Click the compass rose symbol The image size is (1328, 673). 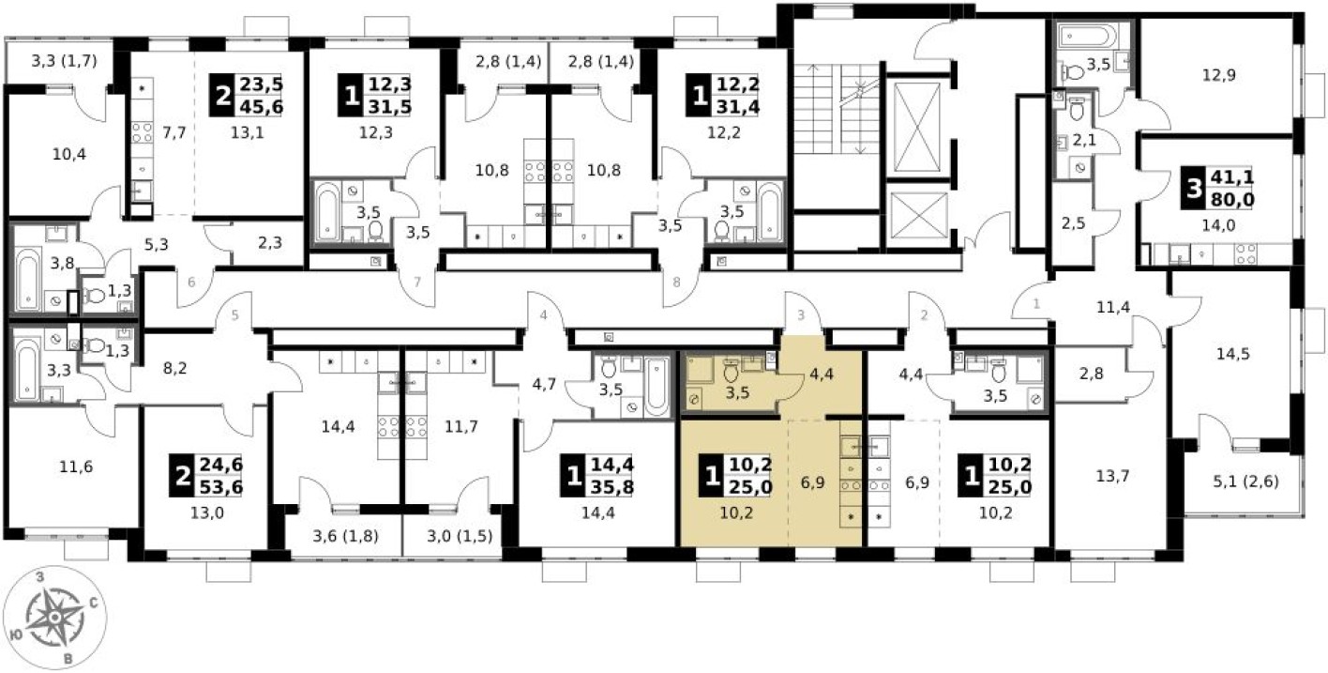coord(54,619)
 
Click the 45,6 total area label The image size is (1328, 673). coord(261,107)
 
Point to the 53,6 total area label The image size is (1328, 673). coord(220,487)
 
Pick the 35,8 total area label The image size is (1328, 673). coord(612,487)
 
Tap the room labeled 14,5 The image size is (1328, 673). coord(1233,354)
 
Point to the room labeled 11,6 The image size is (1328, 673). coord(76,467)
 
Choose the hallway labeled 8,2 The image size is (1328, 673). coord(174,369)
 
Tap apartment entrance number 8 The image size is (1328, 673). coord(676,283)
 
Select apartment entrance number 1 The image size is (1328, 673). coord(1036,304)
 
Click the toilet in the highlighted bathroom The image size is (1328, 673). coord(731,371)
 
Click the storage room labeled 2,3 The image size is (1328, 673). coord(270,242)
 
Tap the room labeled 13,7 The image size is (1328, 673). coord(1112,475)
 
